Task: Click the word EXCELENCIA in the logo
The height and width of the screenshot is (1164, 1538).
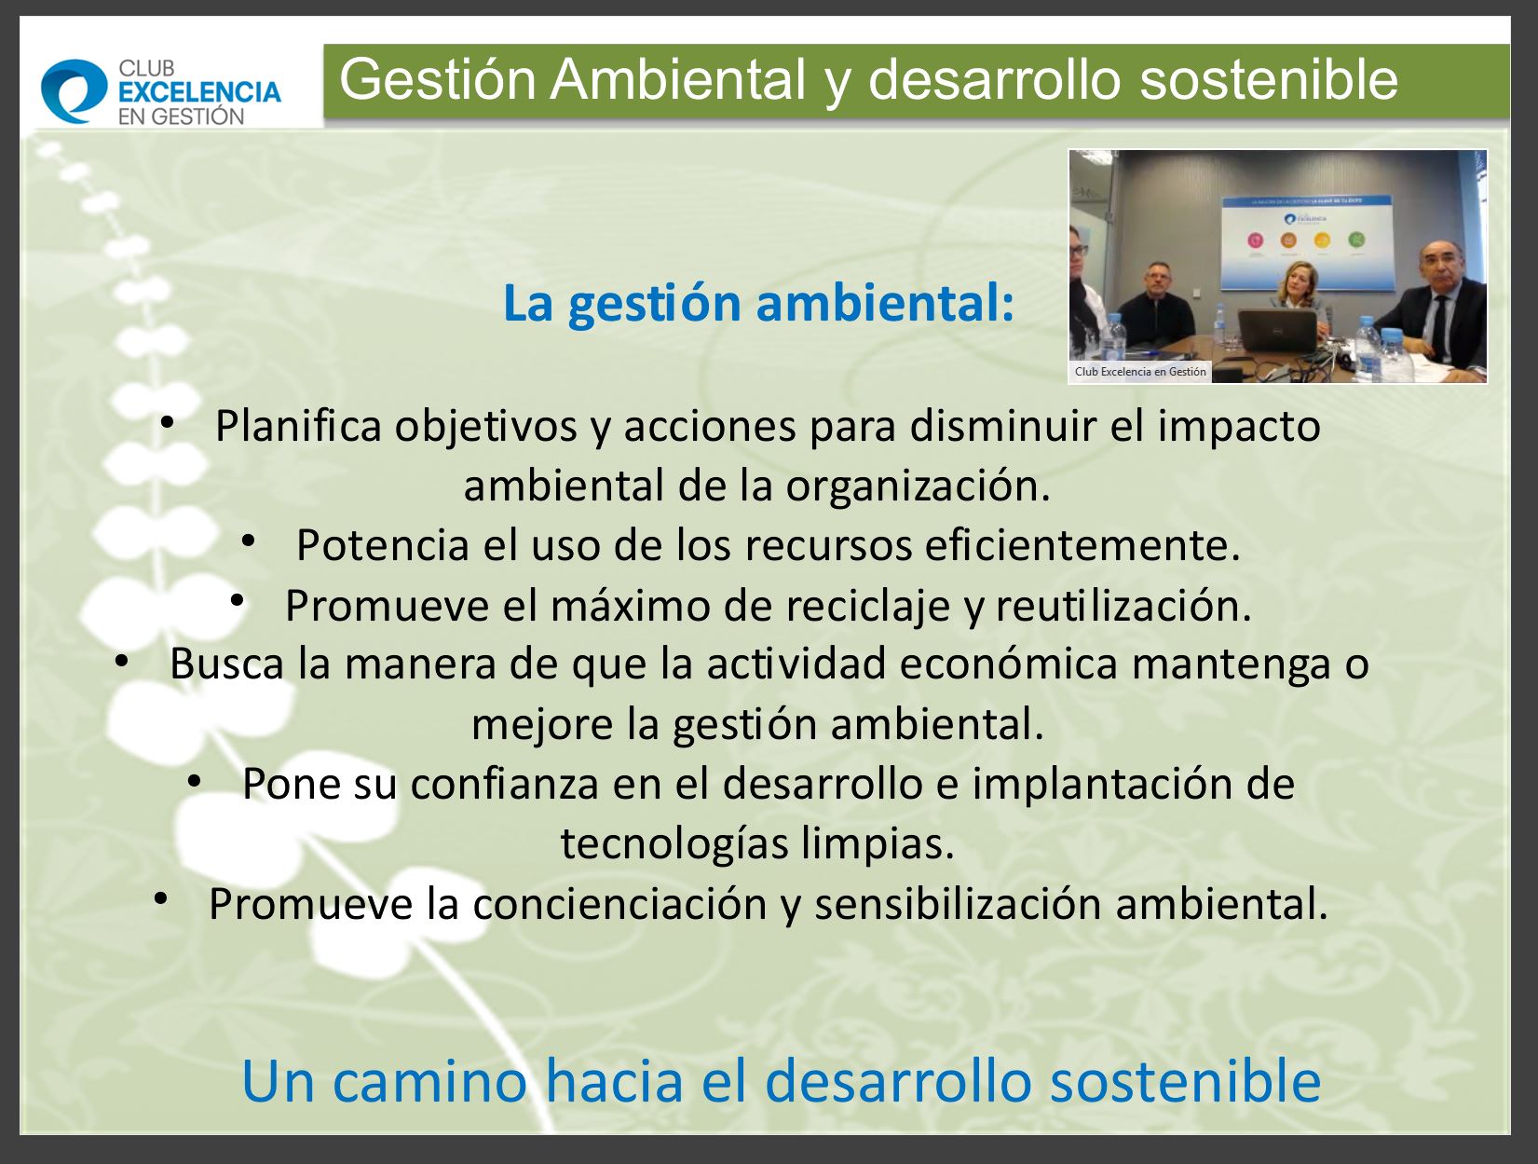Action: (x=199, y=92)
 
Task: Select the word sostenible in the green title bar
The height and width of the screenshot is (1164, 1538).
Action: (x=1269, y=80)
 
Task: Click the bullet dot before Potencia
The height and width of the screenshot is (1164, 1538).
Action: (x=248, y=541)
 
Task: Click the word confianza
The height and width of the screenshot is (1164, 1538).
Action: (x=505, y=784)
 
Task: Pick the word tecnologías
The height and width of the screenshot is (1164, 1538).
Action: (x=674, y=844)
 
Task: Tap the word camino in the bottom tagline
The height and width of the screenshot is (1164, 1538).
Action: (x=429, y=1081)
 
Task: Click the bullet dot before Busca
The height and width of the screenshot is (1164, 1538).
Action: (x=121, y=660)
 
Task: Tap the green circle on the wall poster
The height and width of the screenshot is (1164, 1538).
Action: (x=1356, y=240)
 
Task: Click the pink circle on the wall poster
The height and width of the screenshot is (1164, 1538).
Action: (x=1255, y=240)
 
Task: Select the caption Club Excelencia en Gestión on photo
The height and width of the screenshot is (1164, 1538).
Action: (x=1140, y=372)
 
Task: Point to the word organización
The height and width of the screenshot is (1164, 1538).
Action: (x=918, y=486)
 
